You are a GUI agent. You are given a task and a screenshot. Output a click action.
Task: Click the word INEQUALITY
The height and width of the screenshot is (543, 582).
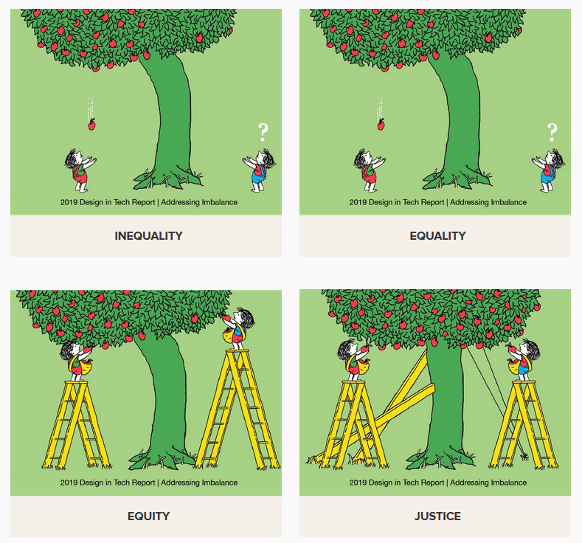pyautogui.click(x=148, y=235)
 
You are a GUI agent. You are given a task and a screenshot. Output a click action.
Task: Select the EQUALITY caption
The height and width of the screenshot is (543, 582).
pyautogui.click(x=437, y=235)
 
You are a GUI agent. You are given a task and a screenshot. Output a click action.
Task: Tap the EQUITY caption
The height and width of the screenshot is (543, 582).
pyautogui.click(x=148, y=516)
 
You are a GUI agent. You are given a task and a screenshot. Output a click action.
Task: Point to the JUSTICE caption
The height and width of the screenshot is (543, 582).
pyautogui.click(x=437, y=516)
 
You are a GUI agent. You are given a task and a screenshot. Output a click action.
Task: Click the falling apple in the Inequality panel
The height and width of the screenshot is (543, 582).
pyautogui.click(x=91, y=125)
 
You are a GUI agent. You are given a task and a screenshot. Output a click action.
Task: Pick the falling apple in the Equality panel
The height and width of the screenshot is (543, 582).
pyautogui.click(x=381, y=125)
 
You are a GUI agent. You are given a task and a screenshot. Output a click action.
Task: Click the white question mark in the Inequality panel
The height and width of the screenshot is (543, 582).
pyautogui.click(x=263, y=132)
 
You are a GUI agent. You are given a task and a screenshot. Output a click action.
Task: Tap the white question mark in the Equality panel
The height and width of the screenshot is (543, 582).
pyautogui.click(x=552, y=132)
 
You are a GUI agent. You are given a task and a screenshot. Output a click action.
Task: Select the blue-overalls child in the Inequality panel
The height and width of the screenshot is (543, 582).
pyautogui.click(x=259, y=170)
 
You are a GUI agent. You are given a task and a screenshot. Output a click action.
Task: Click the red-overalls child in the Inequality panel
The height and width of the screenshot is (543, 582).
pyautogui.click(x=80, y=170)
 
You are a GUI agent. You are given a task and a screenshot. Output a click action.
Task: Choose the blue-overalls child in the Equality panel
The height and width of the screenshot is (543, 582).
pyautogui.click(x=548, y=170)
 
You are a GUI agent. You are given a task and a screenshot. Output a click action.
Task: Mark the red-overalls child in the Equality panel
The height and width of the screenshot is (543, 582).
pyautogui.click(x=370, y=170)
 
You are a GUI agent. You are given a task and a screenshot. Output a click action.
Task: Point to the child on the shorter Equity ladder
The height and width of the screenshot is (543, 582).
pyautogui.click(x=77, y=361)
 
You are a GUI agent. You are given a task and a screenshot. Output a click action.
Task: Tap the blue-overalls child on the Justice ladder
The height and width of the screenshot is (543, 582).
pyautogui.click(x=523, y=360)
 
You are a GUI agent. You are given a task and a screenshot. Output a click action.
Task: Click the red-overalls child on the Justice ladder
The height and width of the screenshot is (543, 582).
pyautogui.click(x=354, y=360)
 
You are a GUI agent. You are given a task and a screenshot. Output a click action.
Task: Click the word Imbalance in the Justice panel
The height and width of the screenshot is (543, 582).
pyautogui.click(x=507, y=483)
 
